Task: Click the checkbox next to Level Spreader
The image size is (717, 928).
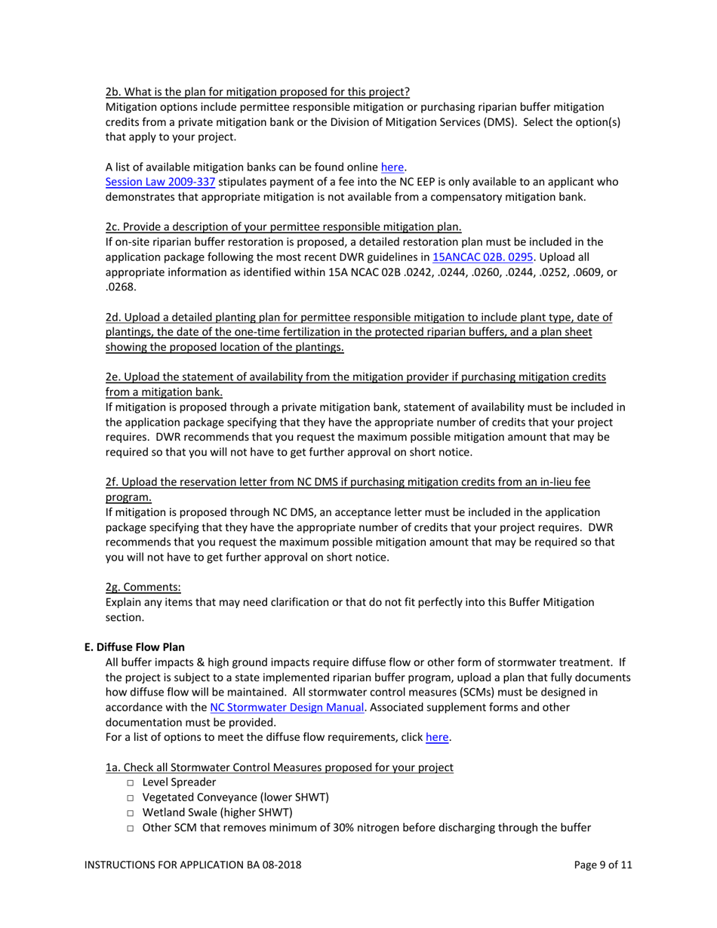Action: click(x=131, y=783)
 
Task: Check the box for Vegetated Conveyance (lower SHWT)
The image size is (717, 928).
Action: click(x=131, y=797)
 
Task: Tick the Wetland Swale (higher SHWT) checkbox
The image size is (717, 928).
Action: click(x=131, y=813)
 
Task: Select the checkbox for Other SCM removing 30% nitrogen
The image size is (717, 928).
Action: click(x=131, y=828)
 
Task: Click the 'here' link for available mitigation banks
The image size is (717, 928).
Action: click(x=393, y=167)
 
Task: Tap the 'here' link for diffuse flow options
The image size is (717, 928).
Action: click(x=438, y=737)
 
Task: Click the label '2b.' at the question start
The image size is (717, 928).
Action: click(x=113, y=92)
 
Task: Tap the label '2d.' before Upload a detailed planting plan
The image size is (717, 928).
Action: click(x=114, y=317)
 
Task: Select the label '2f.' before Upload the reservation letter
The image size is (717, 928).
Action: click(x=113, y=481)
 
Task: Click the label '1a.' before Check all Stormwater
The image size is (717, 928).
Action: click(x=113, y=767)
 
